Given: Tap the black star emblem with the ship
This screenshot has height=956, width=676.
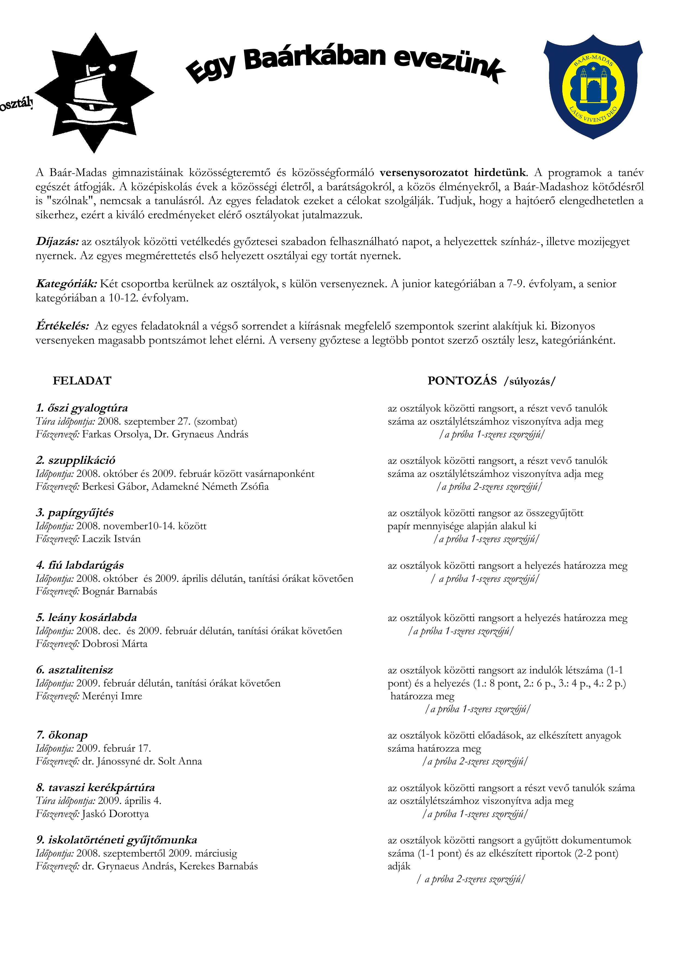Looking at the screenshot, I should pos(95,92).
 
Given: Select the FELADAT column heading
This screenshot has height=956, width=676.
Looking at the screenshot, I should pos(82,380).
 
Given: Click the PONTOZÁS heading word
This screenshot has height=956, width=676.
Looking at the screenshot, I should pos(462,380).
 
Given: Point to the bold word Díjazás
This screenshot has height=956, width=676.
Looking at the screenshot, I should pos(57,241).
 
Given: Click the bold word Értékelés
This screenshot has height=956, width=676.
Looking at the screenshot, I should pos(62,326).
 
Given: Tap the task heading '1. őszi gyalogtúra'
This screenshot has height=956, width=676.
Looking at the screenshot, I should pos(82,408).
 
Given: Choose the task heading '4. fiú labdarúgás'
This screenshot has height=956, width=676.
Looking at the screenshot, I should pos(80,565).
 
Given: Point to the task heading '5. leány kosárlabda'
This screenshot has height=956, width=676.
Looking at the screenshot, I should pos(86,618).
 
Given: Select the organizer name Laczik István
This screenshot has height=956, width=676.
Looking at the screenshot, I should pos(111,539).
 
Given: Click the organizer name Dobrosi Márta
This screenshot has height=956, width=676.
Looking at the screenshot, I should pos(115,644).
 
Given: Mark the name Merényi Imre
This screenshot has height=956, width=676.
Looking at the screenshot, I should pos(112,696).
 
